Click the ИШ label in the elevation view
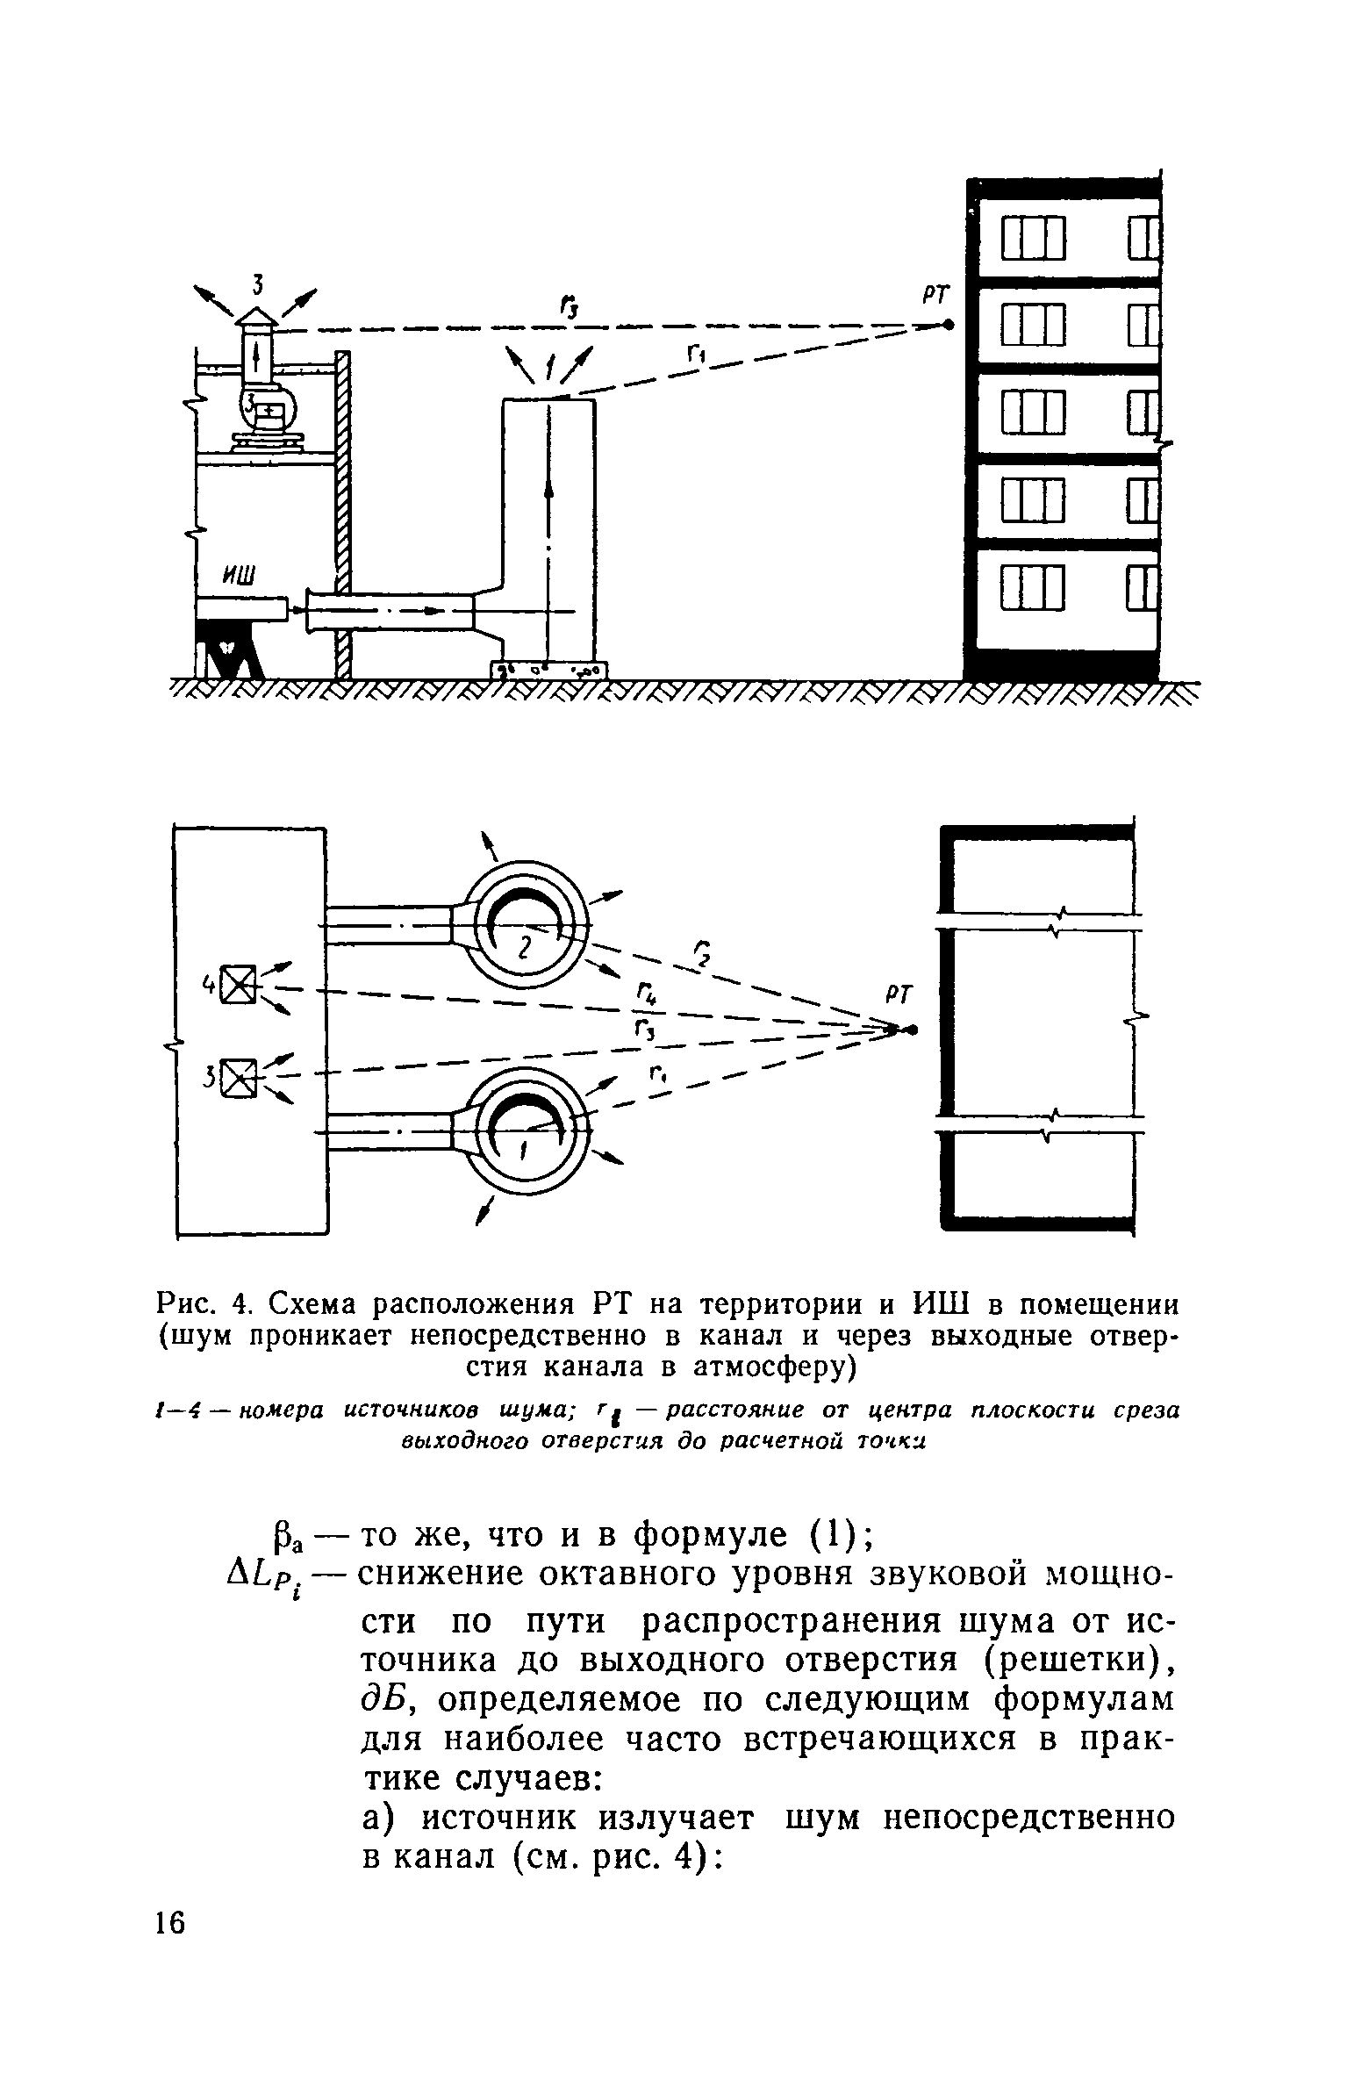tap(239, 576)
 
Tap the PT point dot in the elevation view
tap(948, 325)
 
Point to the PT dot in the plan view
tap(914, 1029)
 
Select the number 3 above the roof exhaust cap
tap(258, 283)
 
